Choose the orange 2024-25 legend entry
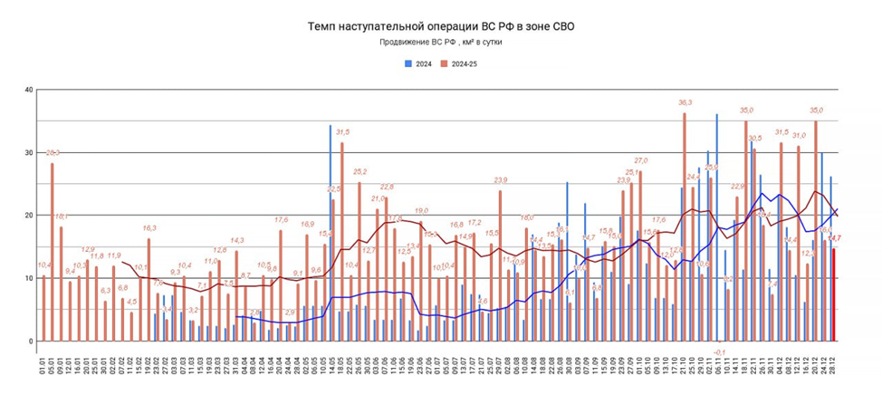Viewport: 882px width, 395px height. coord(461,63)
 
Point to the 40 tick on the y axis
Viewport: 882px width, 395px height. coord(29,90)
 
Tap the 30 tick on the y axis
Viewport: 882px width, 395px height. coord(29,152)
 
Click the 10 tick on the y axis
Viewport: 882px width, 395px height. coord(29,278)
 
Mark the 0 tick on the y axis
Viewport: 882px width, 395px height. coord(31,342)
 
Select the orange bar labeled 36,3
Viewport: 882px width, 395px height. coord(685,226)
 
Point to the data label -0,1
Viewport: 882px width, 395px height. coord(719,352)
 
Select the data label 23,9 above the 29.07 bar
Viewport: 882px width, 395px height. coord(500,179)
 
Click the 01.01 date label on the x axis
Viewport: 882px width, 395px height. coord(43,368)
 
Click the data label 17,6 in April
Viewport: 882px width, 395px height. coord(281,219)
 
